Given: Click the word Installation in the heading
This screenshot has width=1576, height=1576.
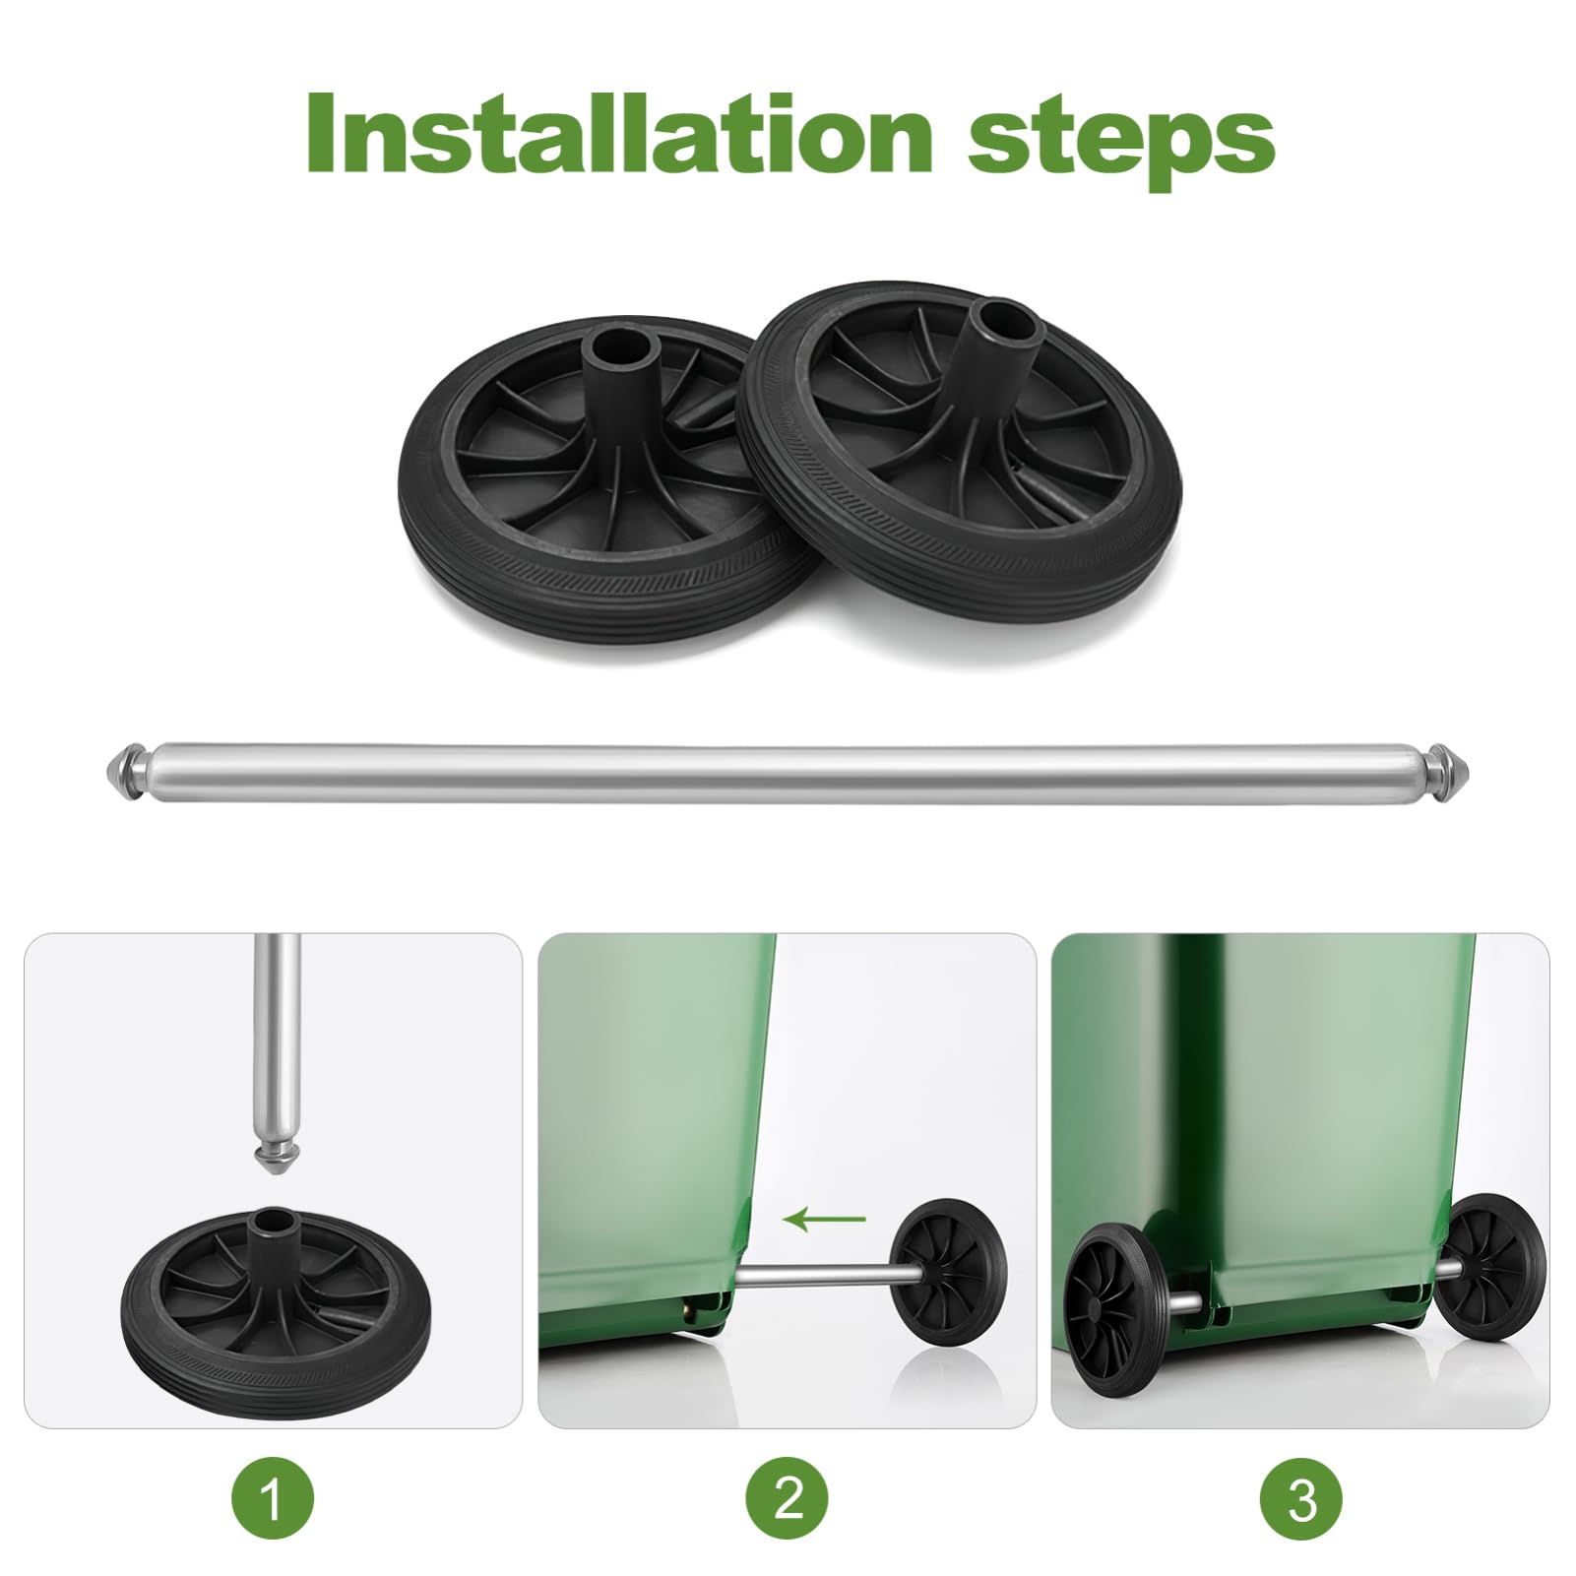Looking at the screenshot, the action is [x=617, y=135].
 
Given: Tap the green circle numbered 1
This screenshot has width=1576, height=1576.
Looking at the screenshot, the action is [x=273, y=1501].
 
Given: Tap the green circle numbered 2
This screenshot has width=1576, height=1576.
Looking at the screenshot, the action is [x=788, y=1501].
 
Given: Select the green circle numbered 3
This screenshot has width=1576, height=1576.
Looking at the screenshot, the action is [x=1301, y=1501].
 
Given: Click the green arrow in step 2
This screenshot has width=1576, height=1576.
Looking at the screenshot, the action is [x=825, y=1221].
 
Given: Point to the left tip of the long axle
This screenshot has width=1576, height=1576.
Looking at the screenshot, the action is [x=104, y=766].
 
